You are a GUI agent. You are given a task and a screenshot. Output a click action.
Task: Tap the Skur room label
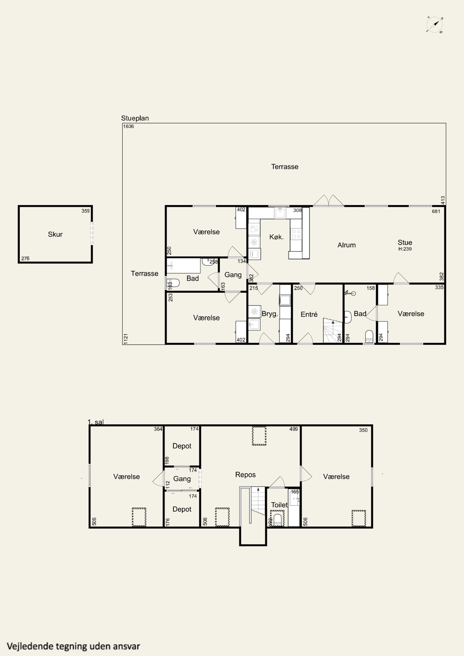(55, 234)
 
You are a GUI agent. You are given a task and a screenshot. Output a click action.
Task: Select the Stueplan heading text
(135, 118)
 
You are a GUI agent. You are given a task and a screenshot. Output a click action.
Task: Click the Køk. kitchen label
(276, 237)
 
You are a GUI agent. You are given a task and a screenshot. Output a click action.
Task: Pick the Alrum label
(347, 245)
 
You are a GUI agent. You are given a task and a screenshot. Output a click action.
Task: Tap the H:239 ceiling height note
(405, 249)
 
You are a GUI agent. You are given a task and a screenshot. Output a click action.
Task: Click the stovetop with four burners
(296, 234)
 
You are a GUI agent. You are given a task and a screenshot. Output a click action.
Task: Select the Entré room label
(309, 315)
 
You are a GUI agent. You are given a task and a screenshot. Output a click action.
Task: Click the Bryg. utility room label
(270, 314)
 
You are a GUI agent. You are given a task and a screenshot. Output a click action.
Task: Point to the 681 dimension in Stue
(436, 211)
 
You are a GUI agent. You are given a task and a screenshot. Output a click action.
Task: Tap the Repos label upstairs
(246, 475)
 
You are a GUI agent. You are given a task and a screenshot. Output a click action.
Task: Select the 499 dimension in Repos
(294, 429)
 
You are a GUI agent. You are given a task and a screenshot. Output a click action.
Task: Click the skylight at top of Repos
(259, 436)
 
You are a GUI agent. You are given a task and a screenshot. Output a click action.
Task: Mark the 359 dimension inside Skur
(85, 211)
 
